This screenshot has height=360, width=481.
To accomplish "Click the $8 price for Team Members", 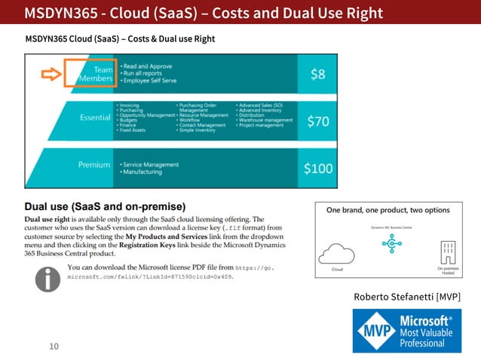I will (318, 74).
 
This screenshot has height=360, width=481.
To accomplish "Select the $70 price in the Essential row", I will (318, 121).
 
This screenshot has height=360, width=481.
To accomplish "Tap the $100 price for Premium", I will (318, 168).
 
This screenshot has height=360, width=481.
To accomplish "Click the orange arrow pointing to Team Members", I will (49, 74).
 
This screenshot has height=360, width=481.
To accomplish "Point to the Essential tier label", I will (97, 118).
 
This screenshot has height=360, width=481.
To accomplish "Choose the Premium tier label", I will (94, 165).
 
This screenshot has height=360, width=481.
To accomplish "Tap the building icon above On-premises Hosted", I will (447, 252).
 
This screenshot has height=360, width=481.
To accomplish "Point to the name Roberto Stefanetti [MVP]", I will (406, 297).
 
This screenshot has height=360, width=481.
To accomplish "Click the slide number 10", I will (53, 346).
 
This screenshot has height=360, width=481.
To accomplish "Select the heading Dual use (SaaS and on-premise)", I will (105, 206).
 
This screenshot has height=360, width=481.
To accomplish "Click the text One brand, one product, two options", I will (388, 210).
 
